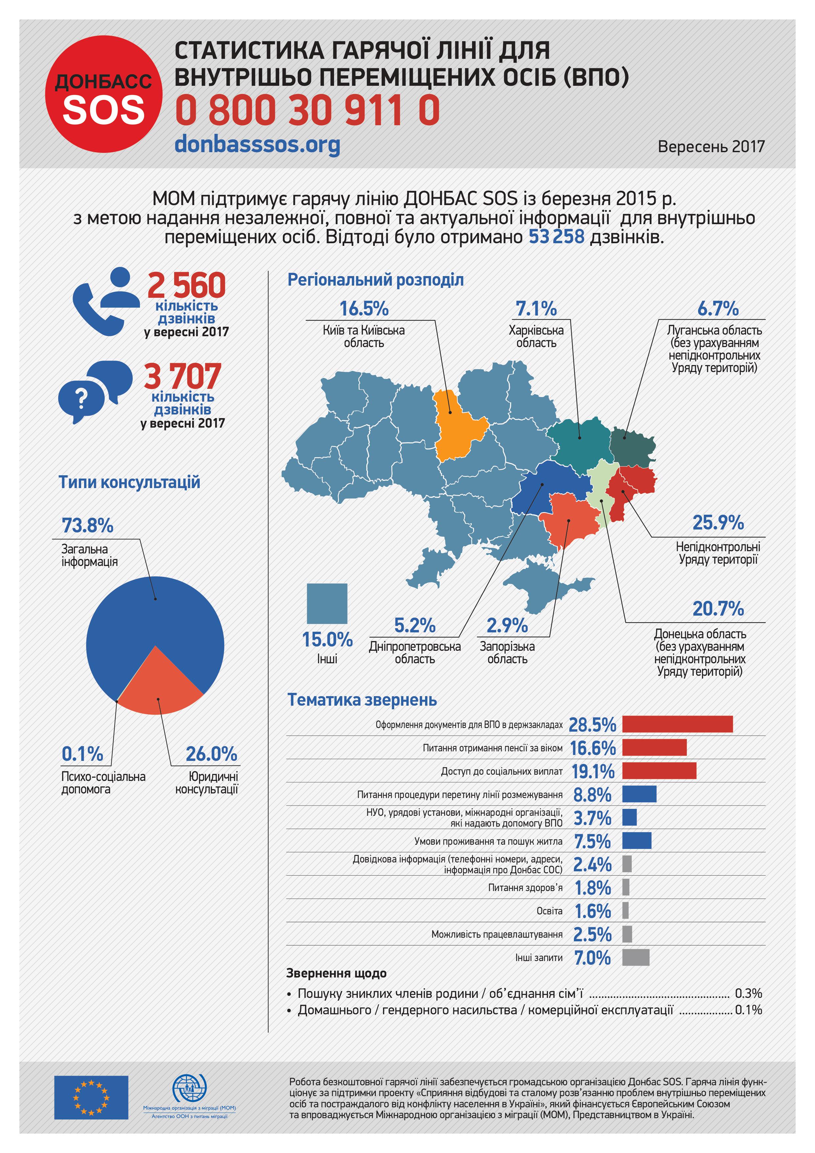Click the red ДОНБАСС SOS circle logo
pos(103,94)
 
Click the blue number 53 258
pos(556,237)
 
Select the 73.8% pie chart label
pos(87,526)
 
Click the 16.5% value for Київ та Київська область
pos(364,309)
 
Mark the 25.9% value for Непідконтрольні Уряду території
pos(718,523)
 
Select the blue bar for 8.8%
pos(639,794)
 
